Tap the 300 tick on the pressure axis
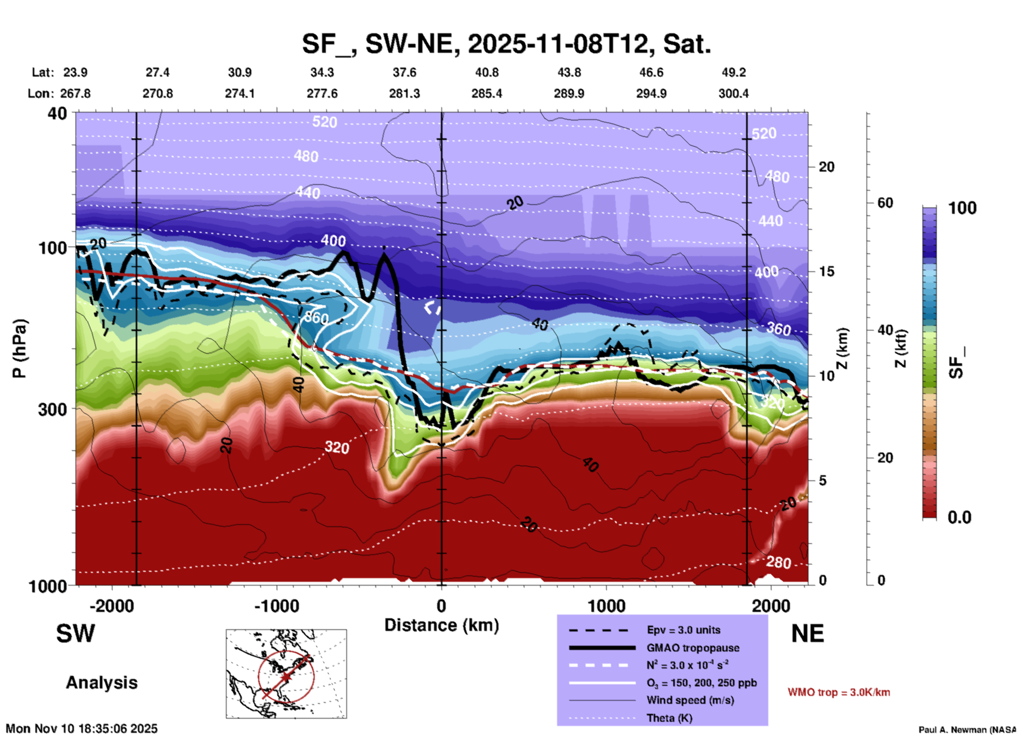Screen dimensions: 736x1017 click(x=53, y=409)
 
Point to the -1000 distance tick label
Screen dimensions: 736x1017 click(x=276, y=606)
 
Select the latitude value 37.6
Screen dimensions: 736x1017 click(x=404, y=72)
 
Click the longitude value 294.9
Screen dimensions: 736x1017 click(x=651, y=93)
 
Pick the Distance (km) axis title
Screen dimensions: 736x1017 click(x=441, y=625)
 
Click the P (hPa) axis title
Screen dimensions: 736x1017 click(x=20, y=348)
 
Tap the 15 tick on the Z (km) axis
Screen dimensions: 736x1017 click(x=826, y=271)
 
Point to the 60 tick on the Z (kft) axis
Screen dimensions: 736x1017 click(x=885, y=203)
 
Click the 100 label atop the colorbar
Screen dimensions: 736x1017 click(x=962, y=208)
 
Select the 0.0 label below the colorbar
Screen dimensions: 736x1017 click(x=959, y=517)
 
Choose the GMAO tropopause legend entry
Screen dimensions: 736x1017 click(x=692, y=648)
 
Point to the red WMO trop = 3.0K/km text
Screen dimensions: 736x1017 click(x=839, y=692)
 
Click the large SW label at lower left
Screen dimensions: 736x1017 click(x=76, y=634)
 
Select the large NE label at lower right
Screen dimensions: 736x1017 click(x=807, y=634)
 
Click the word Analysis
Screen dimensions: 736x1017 click(x=101, y=683)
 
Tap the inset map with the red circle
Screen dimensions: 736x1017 click(x=286, y=673)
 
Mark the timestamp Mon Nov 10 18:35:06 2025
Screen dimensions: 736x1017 click(x=82, y=729)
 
